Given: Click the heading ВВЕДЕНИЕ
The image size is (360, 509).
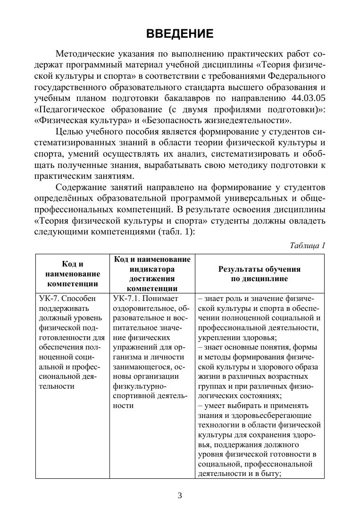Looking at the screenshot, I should [180, 34].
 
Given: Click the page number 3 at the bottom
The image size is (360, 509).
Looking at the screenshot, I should [180, 495].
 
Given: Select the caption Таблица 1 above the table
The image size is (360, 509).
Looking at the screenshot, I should [307, 245].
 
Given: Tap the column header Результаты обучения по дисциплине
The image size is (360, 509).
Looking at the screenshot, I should [259, 274].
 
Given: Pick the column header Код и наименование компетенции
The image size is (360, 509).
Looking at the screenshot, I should [73, 274].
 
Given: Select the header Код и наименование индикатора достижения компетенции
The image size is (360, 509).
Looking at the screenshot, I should [152, 274].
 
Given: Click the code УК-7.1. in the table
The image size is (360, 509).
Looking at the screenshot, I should [126, 299].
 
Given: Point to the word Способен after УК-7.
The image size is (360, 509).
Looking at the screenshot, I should [79, 299].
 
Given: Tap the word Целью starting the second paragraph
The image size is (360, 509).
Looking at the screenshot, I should [69, 131].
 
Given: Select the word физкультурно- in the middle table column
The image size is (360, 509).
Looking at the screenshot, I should [136, 387].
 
